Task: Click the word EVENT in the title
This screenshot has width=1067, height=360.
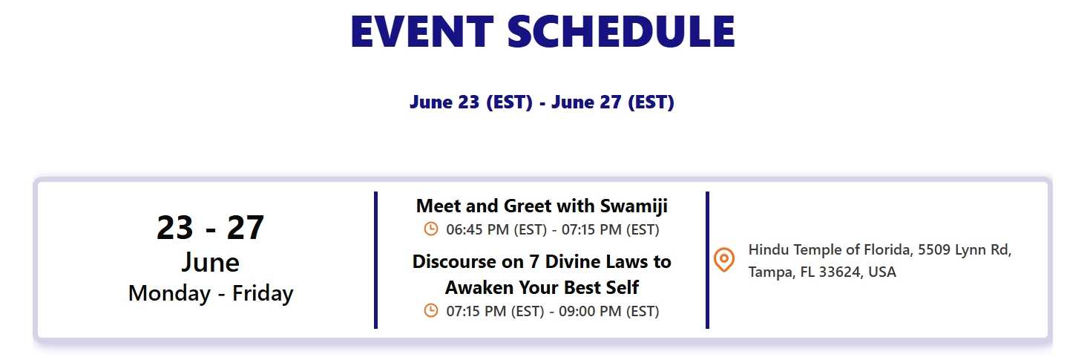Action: [x=422, y=31]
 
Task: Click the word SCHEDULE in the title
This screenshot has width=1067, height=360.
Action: [x=621, y=31]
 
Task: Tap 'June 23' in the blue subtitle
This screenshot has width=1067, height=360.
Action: [x=444, y=102]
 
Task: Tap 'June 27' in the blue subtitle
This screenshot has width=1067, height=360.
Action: [x=586, y=102]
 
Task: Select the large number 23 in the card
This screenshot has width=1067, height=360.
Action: [x=175, y=227]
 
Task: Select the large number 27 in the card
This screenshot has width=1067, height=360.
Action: [x=246, y=227]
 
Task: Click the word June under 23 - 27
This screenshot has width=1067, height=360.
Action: [x=210, y=263]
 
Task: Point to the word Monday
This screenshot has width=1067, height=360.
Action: [x=169, y=293]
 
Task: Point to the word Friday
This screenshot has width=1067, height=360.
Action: [x=263, y=293]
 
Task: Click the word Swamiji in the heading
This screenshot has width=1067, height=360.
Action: [x=634, y=206]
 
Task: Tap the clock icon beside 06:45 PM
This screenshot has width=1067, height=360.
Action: [x=430, y=229]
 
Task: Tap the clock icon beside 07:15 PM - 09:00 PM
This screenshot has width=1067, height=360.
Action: [x=430, y=310]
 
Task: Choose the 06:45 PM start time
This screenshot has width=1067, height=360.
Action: [x=477, y=230]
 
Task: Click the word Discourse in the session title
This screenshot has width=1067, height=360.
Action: [x=467, y=262]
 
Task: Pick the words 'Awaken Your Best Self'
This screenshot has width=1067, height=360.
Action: [x=542, y=288]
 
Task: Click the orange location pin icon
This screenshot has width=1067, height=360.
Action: [x=723, y=259]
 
